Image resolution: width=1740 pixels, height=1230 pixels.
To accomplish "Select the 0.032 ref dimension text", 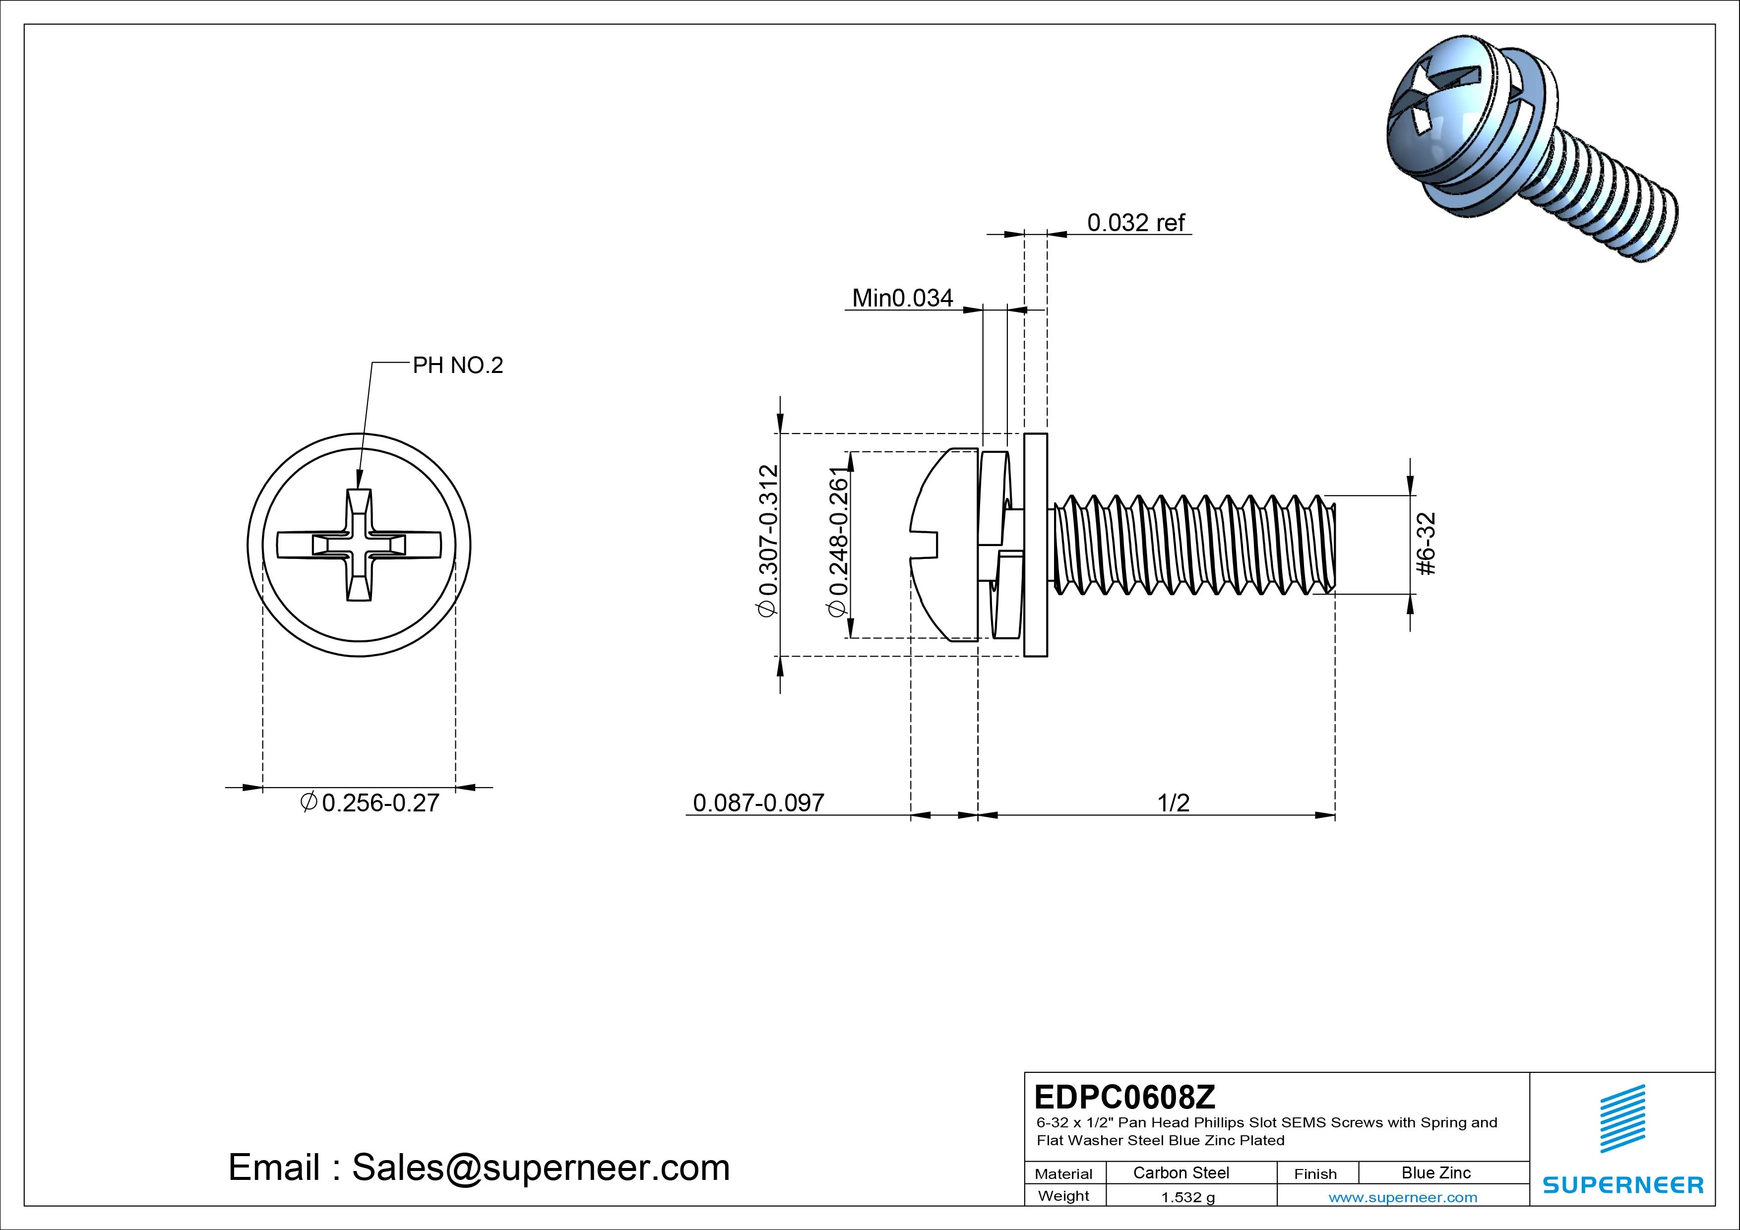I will pos(1135,222).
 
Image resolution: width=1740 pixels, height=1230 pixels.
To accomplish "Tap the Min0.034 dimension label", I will pos(902,298).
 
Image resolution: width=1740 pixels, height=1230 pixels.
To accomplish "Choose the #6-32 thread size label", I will pos(1426,544).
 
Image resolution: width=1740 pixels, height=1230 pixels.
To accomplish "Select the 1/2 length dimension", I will pos(1173,802).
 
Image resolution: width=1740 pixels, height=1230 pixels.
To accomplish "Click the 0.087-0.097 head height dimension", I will pos(758,802).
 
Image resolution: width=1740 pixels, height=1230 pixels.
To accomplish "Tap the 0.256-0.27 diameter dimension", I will pos(372,802).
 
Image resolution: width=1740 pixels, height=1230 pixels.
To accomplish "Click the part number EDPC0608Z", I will pos(1124,1097).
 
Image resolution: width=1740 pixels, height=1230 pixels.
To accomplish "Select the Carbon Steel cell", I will pos(1181,1172).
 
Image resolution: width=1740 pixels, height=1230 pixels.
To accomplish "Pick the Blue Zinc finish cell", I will pos(1435,1172).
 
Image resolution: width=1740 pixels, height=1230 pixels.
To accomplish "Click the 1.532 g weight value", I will pos(1187,1197).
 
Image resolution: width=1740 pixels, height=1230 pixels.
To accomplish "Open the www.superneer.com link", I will pos(1403,1197).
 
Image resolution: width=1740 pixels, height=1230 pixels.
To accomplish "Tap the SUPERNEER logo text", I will pos(1622,1184).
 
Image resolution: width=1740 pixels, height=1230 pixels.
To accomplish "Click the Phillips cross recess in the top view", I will pos(359,545).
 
